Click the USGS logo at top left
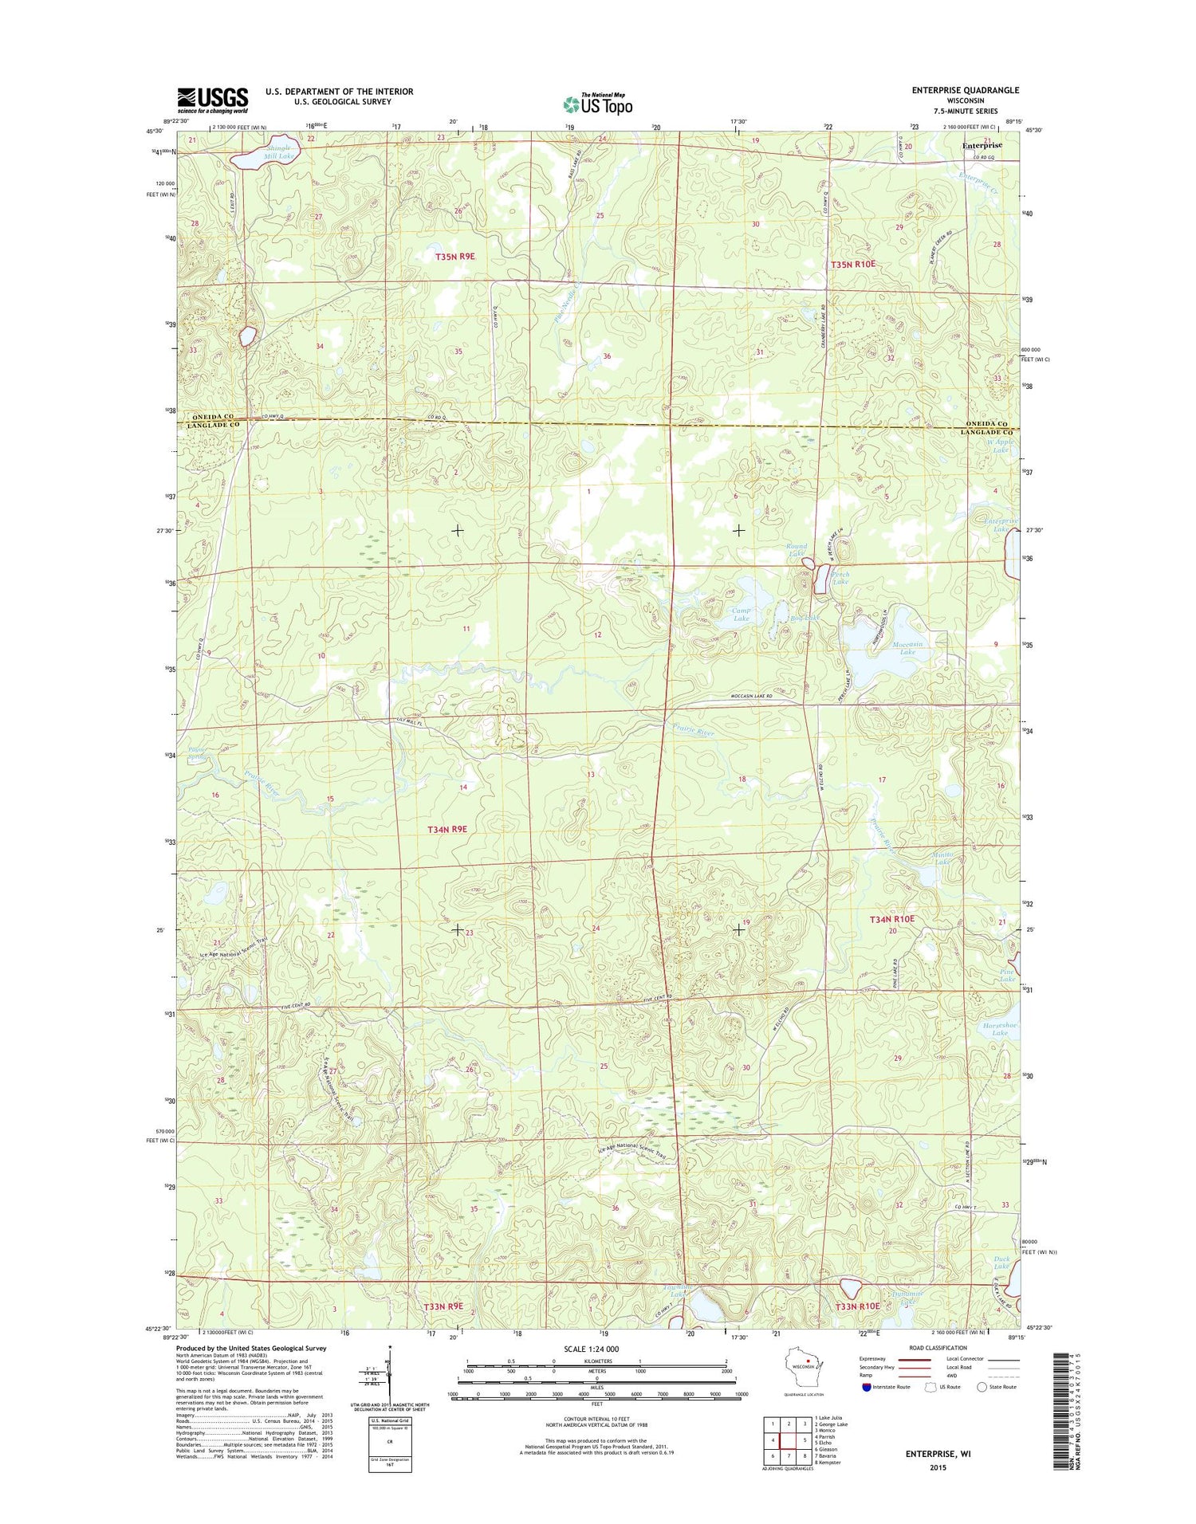coord(213,100)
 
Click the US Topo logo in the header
coord(598,104)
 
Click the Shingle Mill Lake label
coord(279,152)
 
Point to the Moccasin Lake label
coord(907,648)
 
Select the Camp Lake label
coord(742,614)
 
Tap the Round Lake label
coord(797,550)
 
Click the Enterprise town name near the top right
coord(982,146)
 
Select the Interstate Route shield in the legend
coord(867,1387)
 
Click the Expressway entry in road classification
coord(872,1358)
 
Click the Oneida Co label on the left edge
coord(213,417)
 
